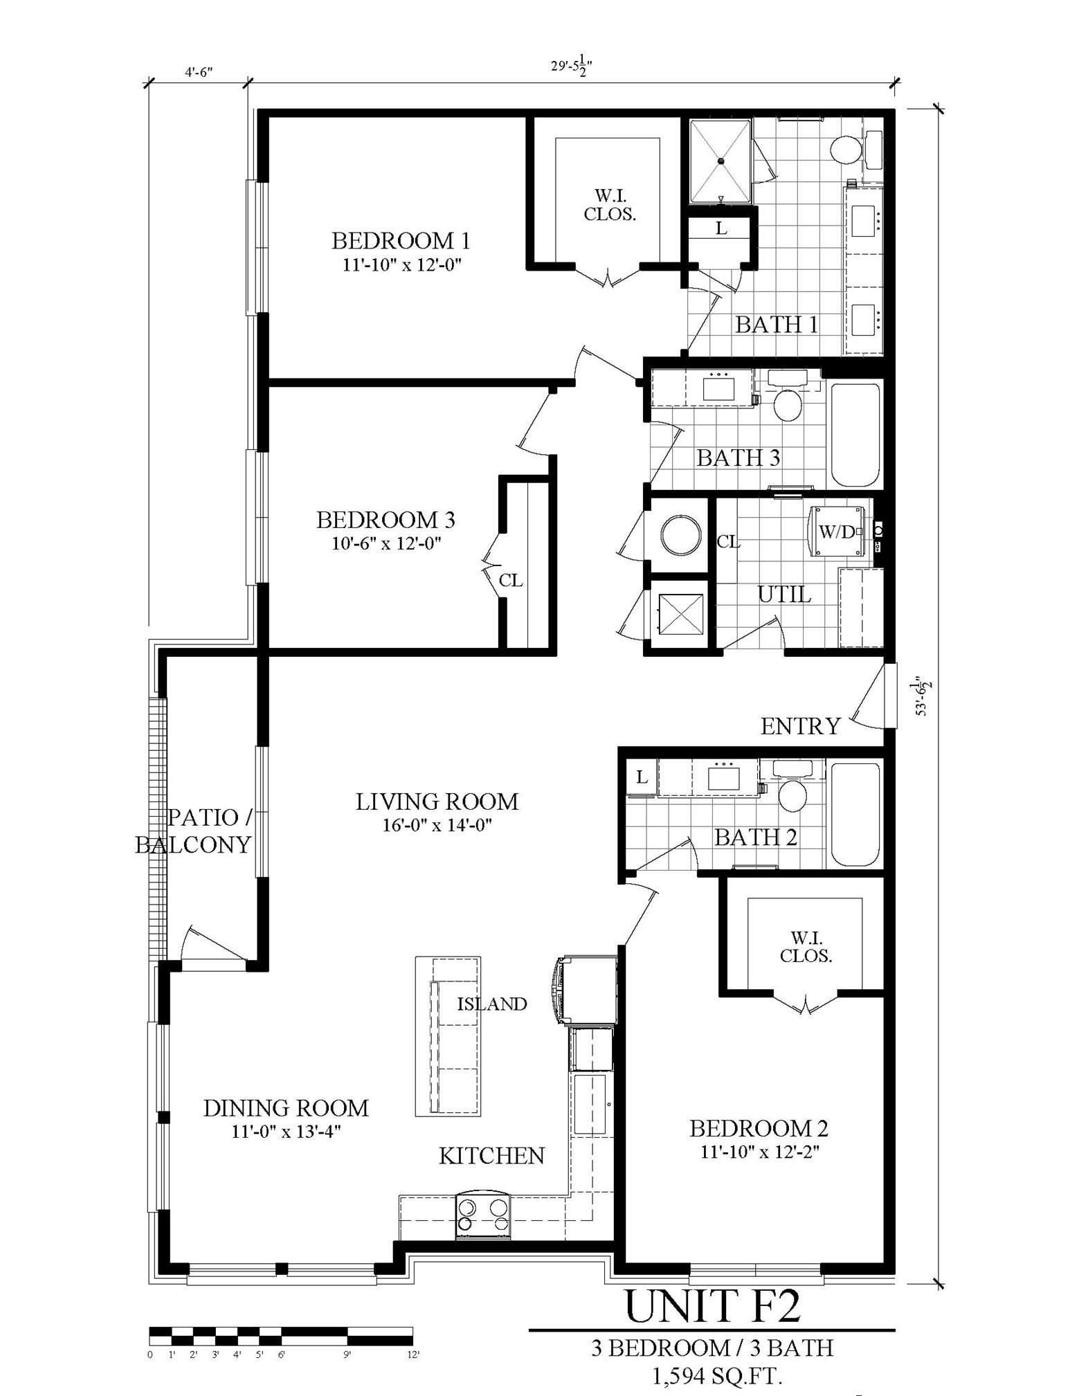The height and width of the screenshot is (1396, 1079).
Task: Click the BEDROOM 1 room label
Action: pyautogui.click(x=401, y=241)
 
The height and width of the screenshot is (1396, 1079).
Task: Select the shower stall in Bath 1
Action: pyautogui.click(x=720, y=161)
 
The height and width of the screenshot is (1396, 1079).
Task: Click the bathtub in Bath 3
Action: pyautogui.click(x=855, y=434)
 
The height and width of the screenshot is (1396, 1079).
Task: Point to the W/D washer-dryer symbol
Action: pyautogui.click(x=839, y=532)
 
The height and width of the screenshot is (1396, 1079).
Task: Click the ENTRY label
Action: pyautogui.click(x=800, y=726)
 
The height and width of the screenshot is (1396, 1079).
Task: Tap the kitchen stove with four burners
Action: pyautogui.click(x=483, y=1216)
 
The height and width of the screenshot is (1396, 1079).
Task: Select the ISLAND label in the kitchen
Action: pyautogui.click(x=492, y=1004)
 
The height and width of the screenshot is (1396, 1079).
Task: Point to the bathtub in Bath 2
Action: pyautogui.click(x=855, y=815)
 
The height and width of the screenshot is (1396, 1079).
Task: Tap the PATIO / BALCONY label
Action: pyautogui.click(x=194, y=831)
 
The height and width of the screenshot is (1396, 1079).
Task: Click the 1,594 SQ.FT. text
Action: pyautogui.click(x=716, y=1377)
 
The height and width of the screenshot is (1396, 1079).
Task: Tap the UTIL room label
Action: pyautogui.click(x=784, y=594)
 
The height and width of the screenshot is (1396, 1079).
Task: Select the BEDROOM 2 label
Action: pyautogui.click(x=759, y=1129)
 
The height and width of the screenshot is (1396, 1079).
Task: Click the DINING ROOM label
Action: pyautogui.click(x=286, y=1108)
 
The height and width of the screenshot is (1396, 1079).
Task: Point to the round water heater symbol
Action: pyautogui.click(x=682, y=535)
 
